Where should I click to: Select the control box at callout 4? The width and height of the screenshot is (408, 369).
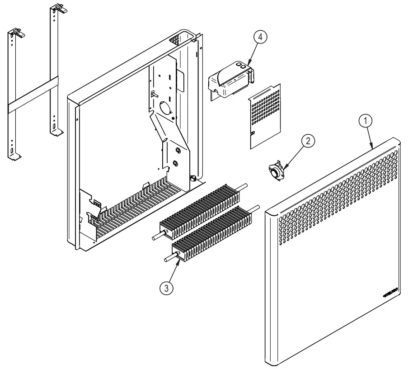click(231, 80)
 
